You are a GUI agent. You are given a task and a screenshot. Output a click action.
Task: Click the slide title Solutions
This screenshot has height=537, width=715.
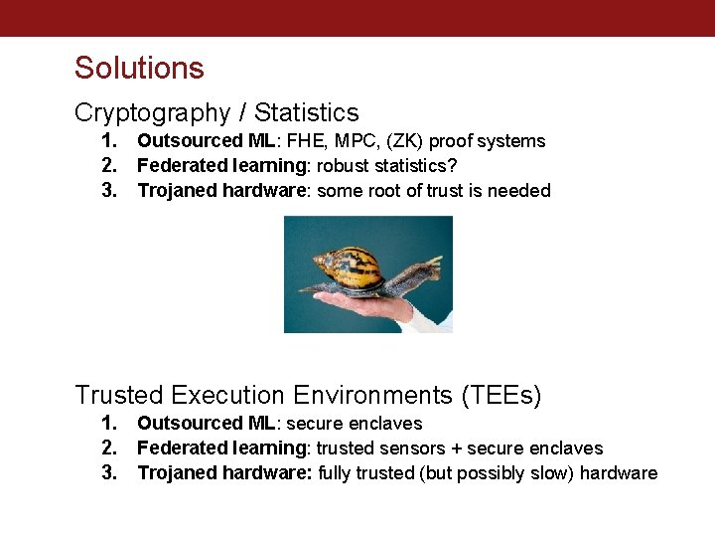(139, 68)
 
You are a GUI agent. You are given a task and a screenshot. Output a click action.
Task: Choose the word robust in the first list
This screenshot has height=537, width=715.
(342, 166)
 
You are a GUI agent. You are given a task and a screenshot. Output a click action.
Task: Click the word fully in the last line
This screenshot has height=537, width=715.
(336, 473)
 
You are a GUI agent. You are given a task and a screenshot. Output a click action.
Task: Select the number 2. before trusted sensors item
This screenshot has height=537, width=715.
(109, 448)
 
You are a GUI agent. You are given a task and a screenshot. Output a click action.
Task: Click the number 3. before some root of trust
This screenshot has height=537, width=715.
(109, 191)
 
